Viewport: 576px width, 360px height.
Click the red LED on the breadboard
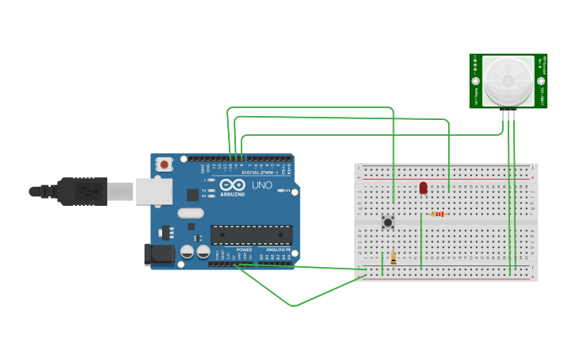[x=423, y=188]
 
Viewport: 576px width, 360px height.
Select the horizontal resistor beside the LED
[x=437, y=214]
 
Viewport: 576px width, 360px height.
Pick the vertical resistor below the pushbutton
[x=393, y=257]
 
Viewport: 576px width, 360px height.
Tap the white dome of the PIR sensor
[x=508, y=81]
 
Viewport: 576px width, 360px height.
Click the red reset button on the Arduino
[x=164, y=165]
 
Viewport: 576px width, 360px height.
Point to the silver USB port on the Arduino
[x=153, y=192]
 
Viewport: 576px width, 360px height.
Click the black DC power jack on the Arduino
[x=159, y=254]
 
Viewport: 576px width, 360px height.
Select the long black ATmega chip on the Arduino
[x=251, y=234]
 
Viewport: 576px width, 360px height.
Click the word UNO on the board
[x=262, y=184]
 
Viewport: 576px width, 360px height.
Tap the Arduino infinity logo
[x=233, y=184]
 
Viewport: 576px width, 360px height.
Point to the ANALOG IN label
[x=278, y=250]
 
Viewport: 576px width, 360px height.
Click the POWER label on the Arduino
[x=244, y=250]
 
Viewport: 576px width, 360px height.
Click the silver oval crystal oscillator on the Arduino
[x=191, y=213]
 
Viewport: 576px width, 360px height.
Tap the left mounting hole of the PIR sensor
[x=476, y=81]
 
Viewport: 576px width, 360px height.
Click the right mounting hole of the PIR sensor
[x=541, y=81]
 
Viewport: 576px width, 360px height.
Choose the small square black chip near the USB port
[x=192, y=194]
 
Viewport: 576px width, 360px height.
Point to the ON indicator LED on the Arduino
[x=280, y=190]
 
